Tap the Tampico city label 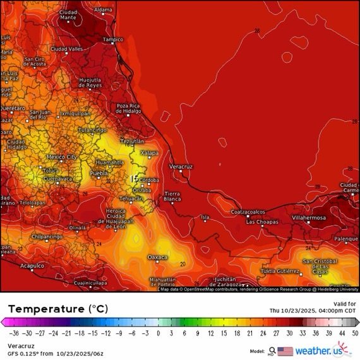pos(113,39)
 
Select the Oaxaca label pos(157,257)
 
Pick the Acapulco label pos(32,266)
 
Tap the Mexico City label pos(62,157)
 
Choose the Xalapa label pos(150,153)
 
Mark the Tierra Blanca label pos(172,196)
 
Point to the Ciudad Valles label pos(67,49)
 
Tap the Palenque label pos(346,239)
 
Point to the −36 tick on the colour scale pos(11,333)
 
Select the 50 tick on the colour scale pos(355,333)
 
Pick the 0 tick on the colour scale pos(158,333)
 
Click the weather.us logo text pos(323,351)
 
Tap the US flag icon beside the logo pos(285,351)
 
